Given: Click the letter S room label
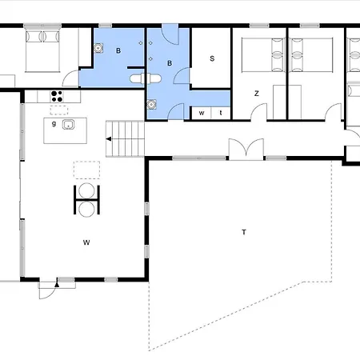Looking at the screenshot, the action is (x=212, y=58).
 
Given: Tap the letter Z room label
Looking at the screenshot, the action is (x=257, y=94).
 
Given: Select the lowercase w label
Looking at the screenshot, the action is (x=202, y=113).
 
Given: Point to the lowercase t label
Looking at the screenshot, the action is (x=221, y=113).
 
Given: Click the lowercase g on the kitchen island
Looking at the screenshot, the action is (x=54, y=123).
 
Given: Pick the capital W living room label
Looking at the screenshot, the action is (x=86, y=242).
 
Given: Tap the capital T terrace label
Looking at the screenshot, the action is (x=244, y=232).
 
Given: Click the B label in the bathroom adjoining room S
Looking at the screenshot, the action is (x=170, y=63).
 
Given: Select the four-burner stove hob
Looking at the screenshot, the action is (x=57, y=96).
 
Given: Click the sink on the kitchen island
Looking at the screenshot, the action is (x=68, y=125).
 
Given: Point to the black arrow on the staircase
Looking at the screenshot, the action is (x=109, y=139).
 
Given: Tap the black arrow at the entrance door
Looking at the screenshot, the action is (x=57, y=285).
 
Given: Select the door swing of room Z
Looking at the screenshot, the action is (x=258, y=112).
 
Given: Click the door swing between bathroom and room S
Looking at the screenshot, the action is (x=182, y=76).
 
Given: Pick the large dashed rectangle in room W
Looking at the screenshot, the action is (x=86, y=170).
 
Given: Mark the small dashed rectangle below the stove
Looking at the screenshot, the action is (x=59, y=110).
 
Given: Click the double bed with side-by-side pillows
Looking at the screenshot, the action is (x=42, y=51).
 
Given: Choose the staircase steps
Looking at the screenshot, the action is (x=126, y=139).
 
